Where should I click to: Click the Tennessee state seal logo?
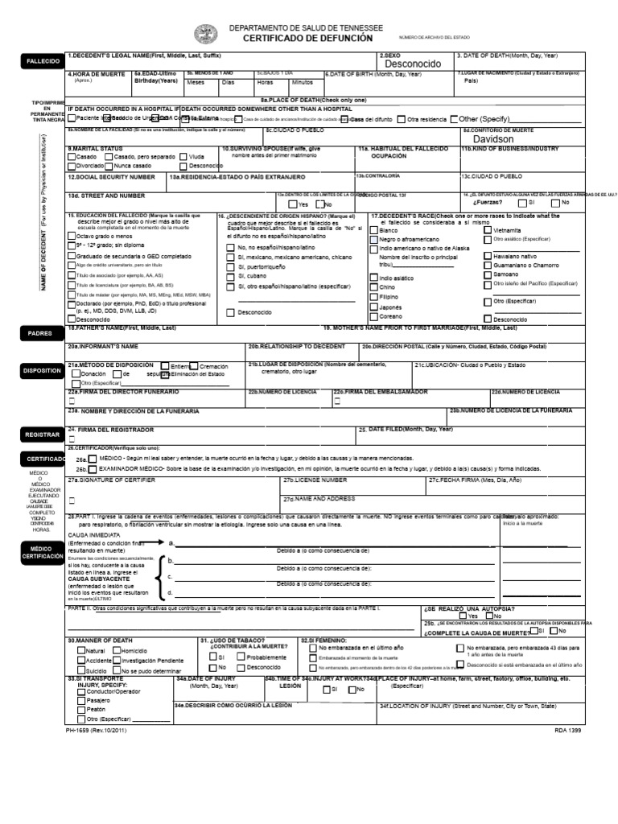point(205,34)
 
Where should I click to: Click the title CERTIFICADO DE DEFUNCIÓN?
point(308,38)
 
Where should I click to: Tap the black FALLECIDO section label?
point(43,61)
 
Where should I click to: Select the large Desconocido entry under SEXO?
point(413,64)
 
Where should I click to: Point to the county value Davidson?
point(493,139)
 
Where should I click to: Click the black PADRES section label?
point(40,333)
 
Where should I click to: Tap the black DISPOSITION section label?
point(43,371)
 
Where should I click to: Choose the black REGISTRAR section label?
point(43,435)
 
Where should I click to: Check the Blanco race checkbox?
point(374,230)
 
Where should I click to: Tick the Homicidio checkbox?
point(116,650)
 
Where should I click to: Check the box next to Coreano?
point(374,316)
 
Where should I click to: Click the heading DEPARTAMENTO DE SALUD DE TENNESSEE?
point(307,27)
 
